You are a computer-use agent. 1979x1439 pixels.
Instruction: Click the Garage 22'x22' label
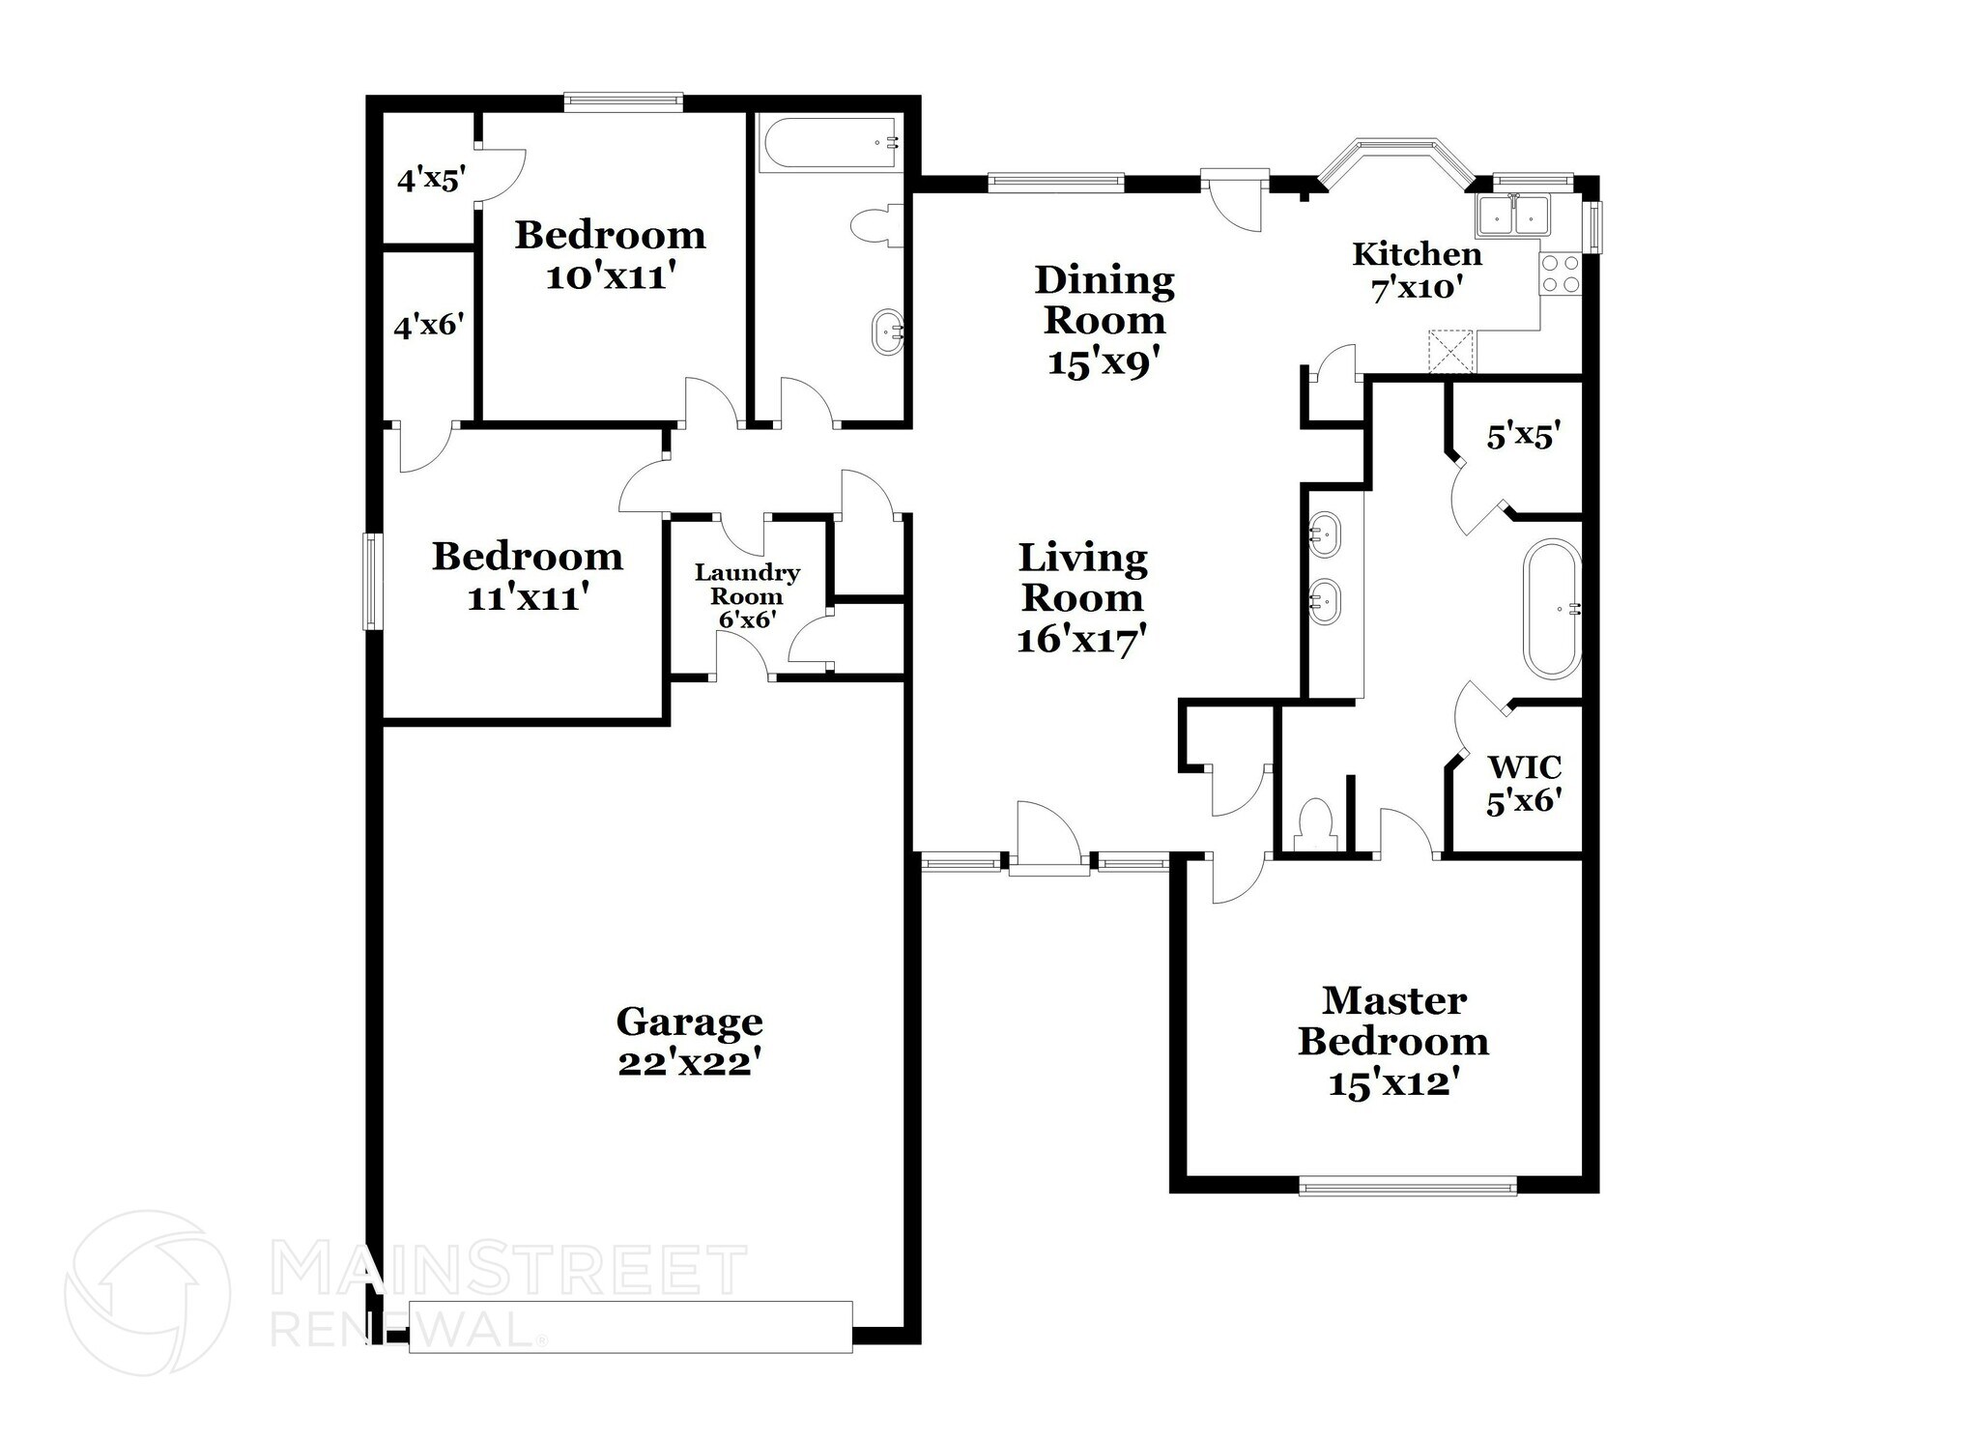click(x=689, y=1042)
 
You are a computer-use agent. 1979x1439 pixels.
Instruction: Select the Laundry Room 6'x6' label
click(x=747, y=596)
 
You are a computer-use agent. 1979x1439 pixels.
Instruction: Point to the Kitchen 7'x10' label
click(x=1417, y=271)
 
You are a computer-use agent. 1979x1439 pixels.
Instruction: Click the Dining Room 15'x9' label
click(x=1104, y=320)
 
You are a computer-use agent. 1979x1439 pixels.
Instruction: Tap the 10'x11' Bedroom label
click(x=610, y=255)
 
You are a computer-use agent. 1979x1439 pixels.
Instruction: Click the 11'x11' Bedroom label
click(x=528, y=577)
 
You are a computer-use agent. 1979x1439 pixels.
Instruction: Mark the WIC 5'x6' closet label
click(x=1524, y=784)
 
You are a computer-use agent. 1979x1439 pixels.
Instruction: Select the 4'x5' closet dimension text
click(x=431, y=180)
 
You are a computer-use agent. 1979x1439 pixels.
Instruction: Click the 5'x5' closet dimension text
click(x=1524, y=438)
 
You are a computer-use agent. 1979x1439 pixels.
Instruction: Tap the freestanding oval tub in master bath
click(x=1552, y=608)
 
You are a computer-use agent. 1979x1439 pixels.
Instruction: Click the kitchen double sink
click(x=1512, y=216)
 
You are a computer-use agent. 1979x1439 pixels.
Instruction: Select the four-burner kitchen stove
click(x=1560, y=273)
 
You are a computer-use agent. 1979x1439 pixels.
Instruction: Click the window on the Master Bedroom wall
click(x=1407, y=1185)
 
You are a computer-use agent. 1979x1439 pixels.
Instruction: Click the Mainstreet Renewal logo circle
click(x=147, y=1292)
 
